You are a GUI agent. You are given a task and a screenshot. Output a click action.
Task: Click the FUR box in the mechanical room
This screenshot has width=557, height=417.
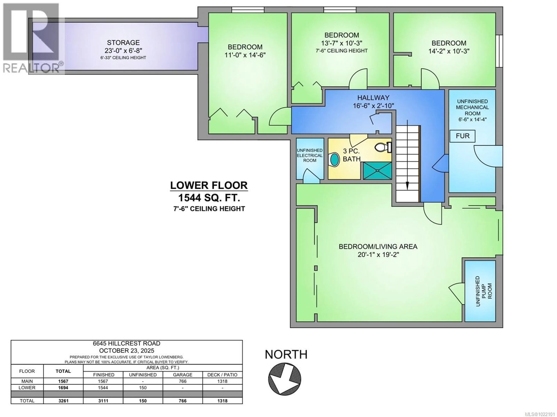[x=463, y=136]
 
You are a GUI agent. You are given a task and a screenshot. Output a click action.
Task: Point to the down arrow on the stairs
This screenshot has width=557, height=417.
[x=407, y=186]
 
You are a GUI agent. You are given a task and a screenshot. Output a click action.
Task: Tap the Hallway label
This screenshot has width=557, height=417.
[x=373, y=98]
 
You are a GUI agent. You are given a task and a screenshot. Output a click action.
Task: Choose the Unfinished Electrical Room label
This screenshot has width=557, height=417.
[x=310, y=155]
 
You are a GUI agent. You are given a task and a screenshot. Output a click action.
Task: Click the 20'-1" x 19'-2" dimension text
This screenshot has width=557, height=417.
[x=378, y=255]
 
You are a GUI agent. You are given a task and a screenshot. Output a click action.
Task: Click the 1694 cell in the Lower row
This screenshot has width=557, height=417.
[x=63, y=388]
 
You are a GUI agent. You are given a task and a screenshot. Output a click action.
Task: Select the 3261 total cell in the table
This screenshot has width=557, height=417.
[x=63, y=401]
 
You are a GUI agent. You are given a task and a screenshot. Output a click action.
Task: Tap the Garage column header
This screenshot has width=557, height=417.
[x=183, y=375]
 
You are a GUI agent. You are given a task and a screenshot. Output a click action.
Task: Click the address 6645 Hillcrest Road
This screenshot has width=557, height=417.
[x=126, y=343]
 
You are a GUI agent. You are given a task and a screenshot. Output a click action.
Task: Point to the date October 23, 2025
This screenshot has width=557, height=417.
[x=126, y=351]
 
